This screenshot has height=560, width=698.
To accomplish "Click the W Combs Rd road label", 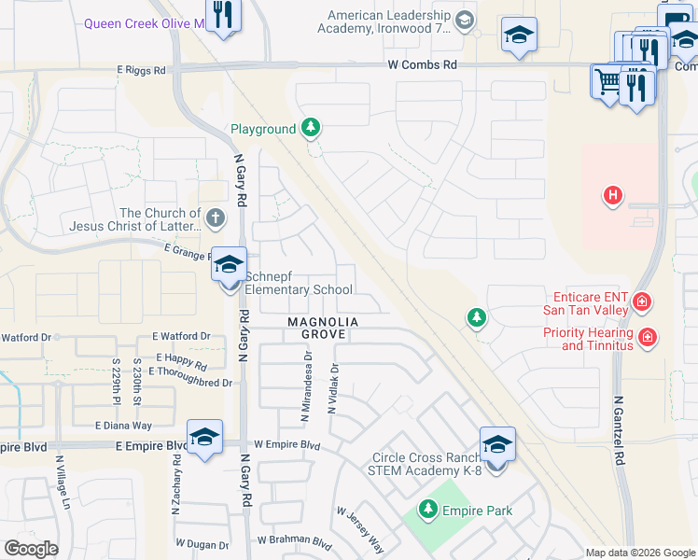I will (x=424, y=64).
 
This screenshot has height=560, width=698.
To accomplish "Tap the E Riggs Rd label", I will (x=141, y=70).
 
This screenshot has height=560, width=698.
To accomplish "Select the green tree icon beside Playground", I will (x=311, y=129).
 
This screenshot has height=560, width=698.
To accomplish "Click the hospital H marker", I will (x=612, y=195).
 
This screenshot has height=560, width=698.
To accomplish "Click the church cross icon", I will (x=215, y=219).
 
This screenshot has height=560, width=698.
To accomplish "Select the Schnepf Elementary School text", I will (x=298, y=283).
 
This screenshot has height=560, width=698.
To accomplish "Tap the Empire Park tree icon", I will (x=427, y=509).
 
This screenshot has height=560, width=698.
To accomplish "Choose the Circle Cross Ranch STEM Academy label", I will (x=425, y=464).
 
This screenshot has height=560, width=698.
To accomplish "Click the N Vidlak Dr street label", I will (x=331, y=390).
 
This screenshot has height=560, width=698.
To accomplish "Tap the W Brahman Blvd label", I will (x=295, y=539).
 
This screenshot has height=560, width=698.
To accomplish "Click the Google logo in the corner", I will (x=31, y=549).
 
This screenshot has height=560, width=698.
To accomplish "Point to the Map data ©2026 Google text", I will (x=639, y=553).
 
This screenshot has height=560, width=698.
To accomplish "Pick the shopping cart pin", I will (x=607, y=81).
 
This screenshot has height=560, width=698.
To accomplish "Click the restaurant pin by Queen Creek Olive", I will (x=224, y=15).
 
